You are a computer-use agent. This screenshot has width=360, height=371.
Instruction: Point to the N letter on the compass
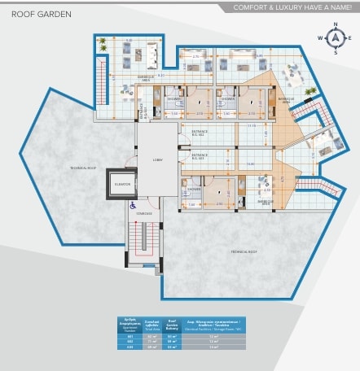[335, 28]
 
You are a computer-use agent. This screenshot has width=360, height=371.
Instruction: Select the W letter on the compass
[323, 38]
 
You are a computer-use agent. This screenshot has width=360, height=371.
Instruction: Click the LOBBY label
[157, 160]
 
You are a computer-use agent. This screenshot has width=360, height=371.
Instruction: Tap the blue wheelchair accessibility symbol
[133, 205]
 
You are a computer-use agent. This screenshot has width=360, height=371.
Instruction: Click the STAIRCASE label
[144, 213]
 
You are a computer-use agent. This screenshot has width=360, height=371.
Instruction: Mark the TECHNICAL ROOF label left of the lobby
[84, 167]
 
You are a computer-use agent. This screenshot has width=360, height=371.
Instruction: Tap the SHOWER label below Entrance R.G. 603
[194, 189]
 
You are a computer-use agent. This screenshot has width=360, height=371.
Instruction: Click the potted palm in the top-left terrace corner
[103, 49]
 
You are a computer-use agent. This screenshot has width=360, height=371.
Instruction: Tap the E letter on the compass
[347, 38]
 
